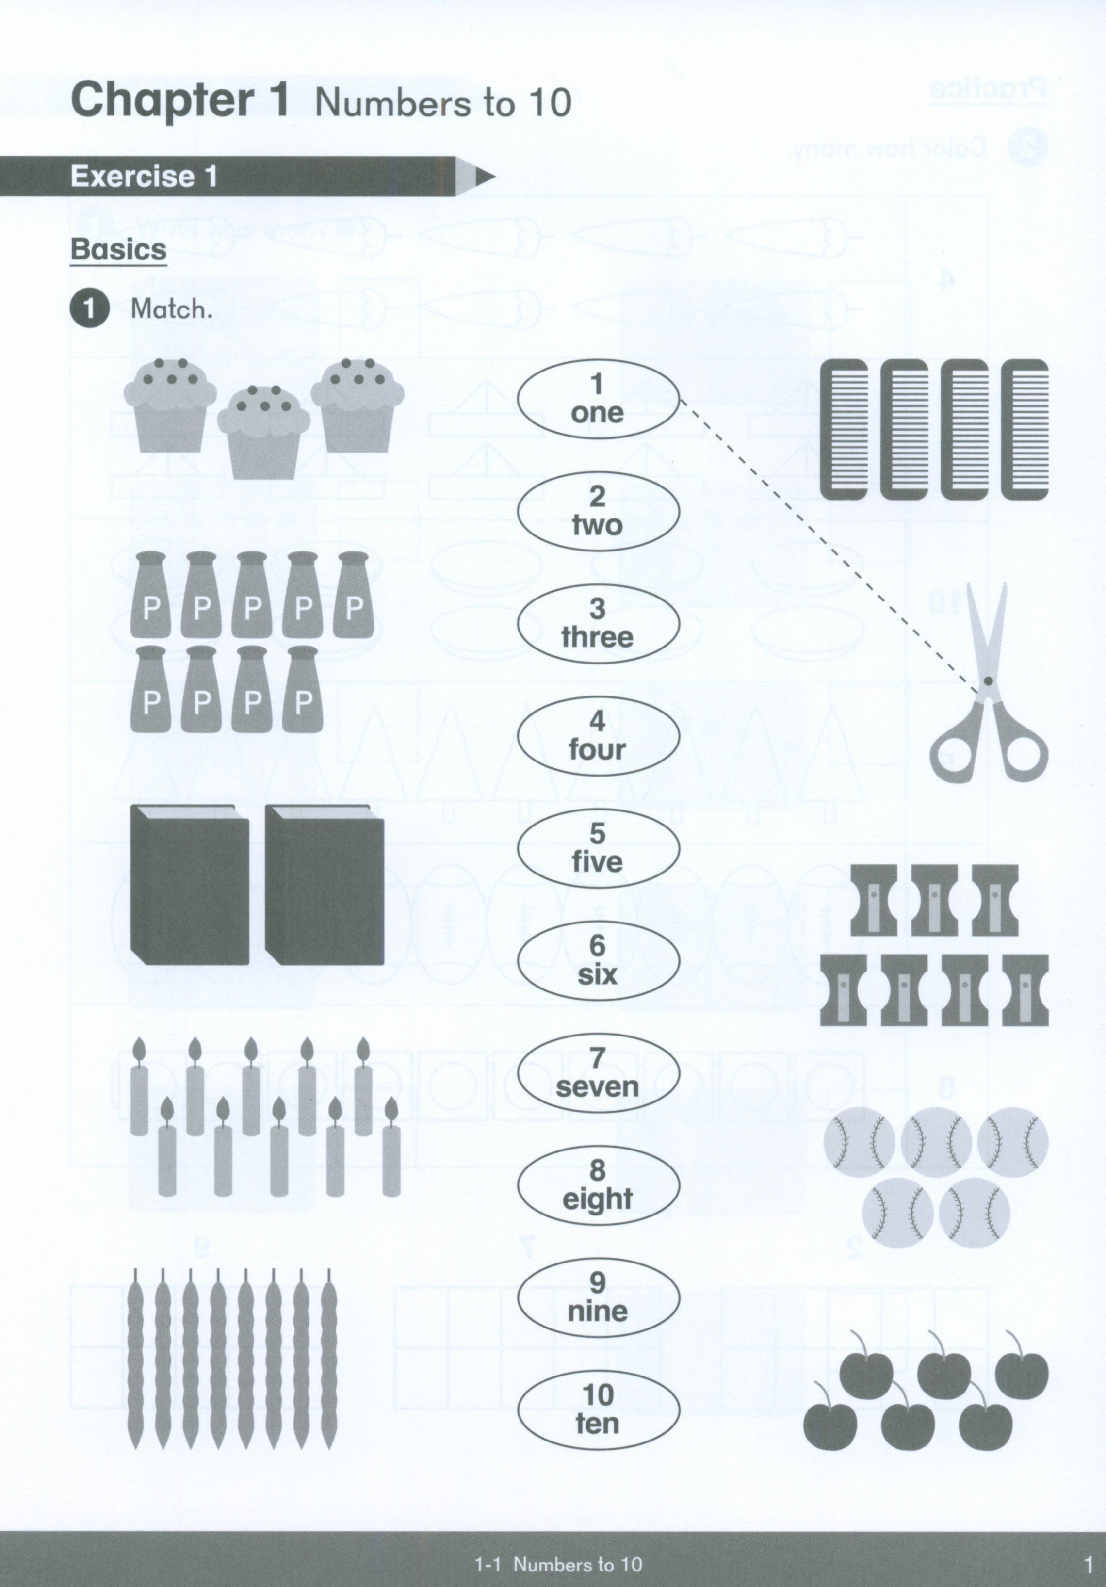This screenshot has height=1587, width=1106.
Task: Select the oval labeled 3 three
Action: click(x=599, y=624)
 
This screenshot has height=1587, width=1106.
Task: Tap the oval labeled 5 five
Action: click(x=599, y=849)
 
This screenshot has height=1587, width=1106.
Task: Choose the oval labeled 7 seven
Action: click(x=599, y=1073)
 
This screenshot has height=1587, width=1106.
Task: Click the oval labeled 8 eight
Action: click(x=599, y=1186)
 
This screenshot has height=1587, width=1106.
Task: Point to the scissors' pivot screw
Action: click(x=988, y=681)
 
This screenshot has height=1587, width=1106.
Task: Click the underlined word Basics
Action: click(x=118, y=249)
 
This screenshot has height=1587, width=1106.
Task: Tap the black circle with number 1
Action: click(x=89, y=309)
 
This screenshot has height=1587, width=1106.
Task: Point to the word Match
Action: click(x=171, y=309)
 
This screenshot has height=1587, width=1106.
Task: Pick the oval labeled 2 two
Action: click(x=599, y=512)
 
